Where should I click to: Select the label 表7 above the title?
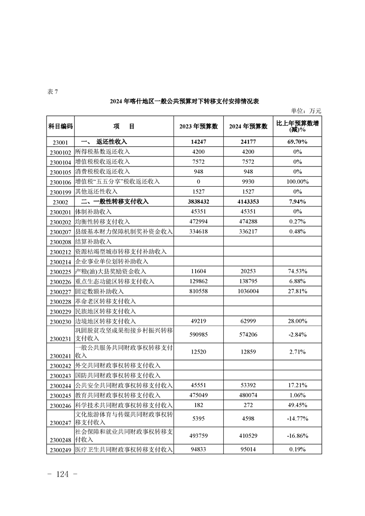[53, 91]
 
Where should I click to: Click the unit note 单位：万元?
[306, 111]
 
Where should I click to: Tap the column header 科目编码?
[60, 126]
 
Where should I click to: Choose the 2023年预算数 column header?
[198, 126]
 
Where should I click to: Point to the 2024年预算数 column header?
[248, 126]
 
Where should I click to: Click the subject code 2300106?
[60, 182]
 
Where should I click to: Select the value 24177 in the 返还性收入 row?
[248, 142]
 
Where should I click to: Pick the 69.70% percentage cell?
[297, 142]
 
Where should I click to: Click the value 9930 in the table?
[248, 182]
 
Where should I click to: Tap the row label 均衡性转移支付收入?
[103, 222]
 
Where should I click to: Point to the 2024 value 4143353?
[248, 201]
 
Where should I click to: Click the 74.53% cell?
[297, 271]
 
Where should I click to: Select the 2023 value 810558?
[198, 292]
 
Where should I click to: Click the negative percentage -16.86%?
[297, 436]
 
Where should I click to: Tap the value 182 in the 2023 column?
[198, 405]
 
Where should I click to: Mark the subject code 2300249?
[60, 450]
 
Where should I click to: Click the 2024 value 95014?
[248, 449]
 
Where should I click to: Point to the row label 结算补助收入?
[93, 241]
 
